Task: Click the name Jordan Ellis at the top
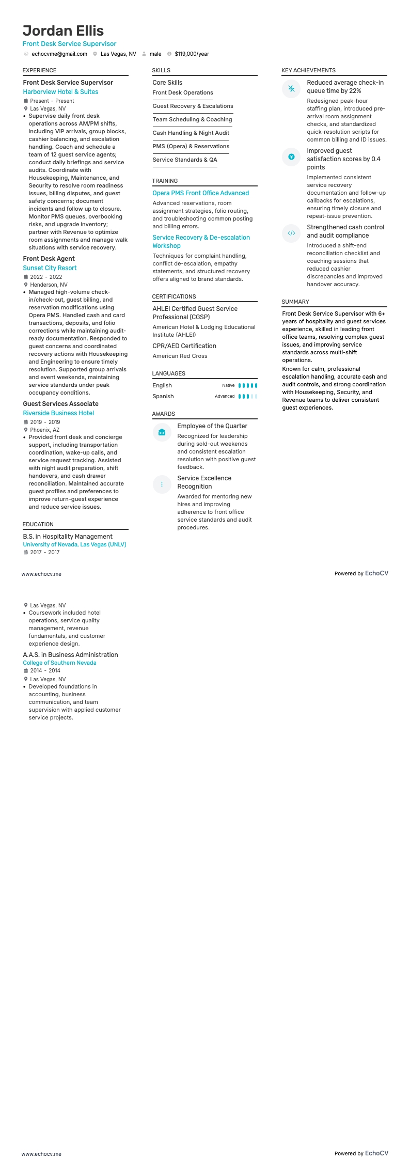[x=63, y=30]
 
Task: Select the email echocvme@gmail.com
[x=59, y=54]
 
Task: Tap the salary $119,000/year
[x=192, y=54]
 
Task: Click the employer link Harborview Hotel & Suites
[x=60, y=92]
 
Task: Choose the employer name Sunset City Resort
[x=50, y=268]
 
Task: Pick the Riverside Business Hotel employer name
[x=58, y=413]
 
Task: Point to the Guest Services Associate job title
[x=60, y=404]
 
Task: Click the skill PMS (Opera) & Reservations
[x=191, y=146]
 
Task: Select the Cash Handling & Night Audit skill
[x=191, y=133]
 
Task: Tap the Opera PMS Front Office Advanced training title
[x=200, y=193]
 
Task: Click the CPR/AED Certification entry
[x=184, y=346]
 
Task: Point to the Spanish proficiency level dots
[x=247, y=397]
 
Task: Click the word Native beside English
[x=228, y=385]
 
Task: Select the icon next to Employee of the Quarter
[x=162, y=432]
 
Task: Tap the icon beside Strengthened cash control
[x=291, y=233]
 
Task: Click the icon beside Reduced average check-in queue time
[x=291, y=88]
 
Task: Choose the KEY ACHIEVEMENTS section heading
[x=308, y=70]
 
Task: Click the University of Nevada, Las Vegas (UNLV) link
[x=74, y=544]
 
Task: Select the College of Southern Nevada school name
[x=59, y=663]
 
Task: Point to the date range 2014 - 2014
[x=45, y=670]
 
